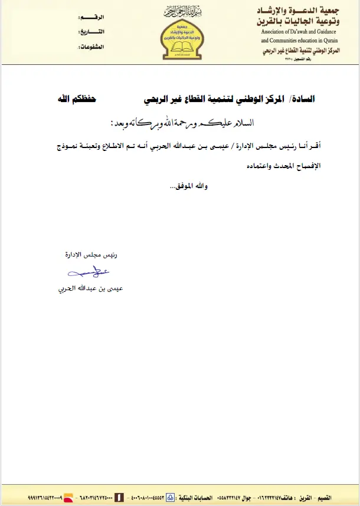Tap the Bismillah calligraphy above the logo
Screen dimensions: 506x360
178,12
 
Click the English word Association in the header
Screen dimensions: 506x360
277,31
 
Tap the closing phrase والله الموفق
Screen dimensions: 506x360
189,186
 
